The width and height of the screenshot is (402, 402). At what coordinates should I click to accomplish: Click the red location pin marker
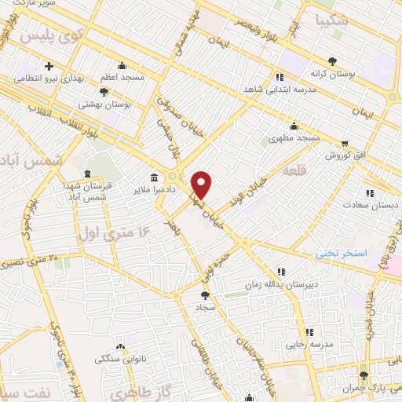tap(203, 185)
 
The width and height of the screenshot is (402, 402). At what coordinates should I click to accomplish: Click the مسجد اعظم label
tap(120, 79)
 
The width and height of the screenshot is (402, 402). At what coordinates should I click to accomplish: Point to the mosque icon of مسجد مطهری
tap(294, 126)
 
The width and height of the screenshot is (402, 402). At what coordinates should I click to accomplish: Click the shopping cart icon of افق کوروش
tap(345, 144)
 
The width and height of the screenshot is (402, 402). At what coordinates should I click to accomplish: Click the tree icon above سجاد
tap(206, 295)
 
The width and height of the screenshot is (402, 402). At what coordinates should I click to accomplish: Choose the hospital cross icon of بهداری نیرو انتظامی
tap(49, 66)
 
